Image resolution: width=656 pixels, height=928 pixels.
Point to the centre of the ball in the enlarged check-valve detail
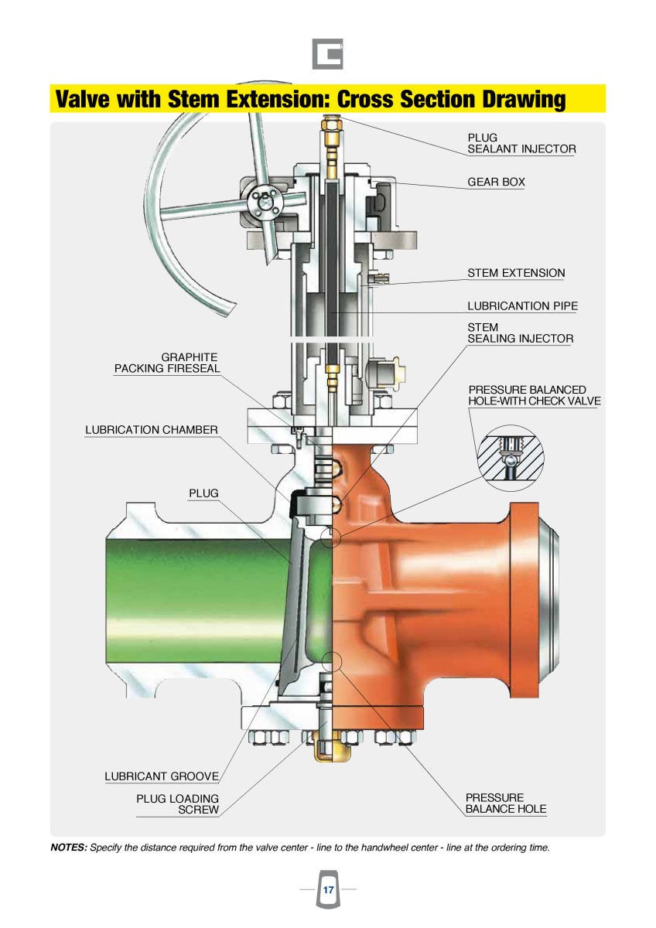click(x=513, y=459)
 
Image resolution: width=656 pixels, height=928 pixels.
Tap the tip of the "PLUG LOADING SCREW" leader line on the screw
click(x=327, y=722)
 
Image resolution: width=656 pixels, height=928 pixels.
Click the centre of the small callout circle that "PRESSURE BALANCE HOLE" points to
click(x=331, y=661)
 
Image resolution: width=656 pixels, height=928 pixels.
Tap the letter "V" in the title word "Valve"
click(x=63, y=100)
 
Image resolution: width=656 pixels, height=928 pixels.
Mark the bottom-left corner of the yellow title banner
click(x=50, y=112)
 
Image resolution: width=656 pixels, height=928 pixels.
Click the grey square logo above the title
click(x=327, y=54)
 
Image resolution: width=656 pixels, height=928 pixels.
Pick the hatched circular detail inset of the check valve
click(x=511, y=458)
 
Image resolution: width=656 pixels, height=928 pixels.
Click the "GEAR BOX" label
click(x=496, y=182)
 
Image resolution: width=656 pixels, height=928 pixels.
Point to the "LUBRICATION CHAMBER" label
click(x=152, y=430)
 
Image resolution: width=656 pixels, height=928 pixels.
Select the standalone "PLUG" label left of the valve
click(x=203, y=493)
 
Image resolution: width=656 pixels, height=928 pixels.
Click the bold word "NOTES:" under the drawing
click(x=69, y=848)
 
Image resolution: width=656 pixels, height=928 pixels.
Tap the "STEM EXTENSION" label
click(x=516, y=273)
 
